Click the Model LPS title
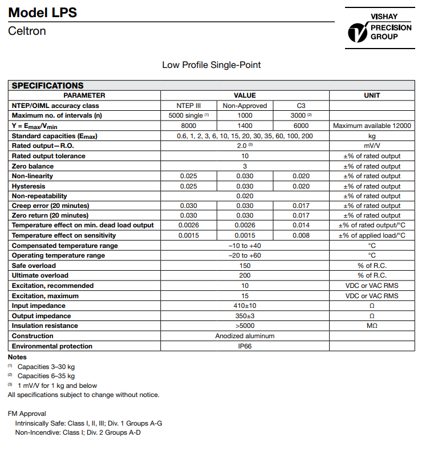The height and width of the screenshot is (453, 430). pos(43,13)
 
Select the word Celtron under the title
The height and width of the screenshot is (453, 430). pos(27,31)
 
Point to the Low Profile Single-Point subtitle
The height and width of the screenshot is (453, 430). pos(211,65)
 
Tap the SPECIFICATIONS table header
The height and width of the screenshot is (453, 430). pos(48,86)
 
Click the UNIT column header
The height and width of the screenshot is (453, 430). pos(372,95)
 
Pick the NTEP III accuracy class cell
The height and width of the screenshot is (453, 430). pos(189,106)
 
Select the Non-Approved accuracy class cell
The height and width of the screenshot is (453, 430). pos(245,106)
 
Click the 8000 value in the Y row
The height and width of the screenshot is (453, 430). pos(189,126)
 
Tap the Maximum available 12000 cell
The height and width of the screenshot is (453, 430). pos(372,126)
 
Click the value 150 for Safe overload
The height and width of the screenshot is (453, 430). pos(245,266)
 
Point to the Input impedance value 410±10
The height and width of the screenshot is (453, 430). pos(245,306)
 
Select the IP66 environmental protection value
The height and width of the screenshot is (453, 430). pos(245,346)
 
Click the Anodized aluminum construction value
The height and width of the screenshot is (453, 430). pos(245,336)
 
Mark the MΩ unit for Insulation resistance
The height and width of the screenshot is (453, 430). pos(372,326)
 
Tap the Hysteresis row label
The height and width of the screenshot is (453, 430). pos(29,186)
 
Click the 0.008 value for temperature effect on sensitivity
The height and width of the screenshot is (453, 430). pos(301,235)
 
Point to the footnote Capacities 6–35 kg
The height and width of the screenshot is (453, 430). pos(46,376)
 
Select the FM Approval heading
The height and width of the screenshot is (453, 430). pos(27,414)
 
